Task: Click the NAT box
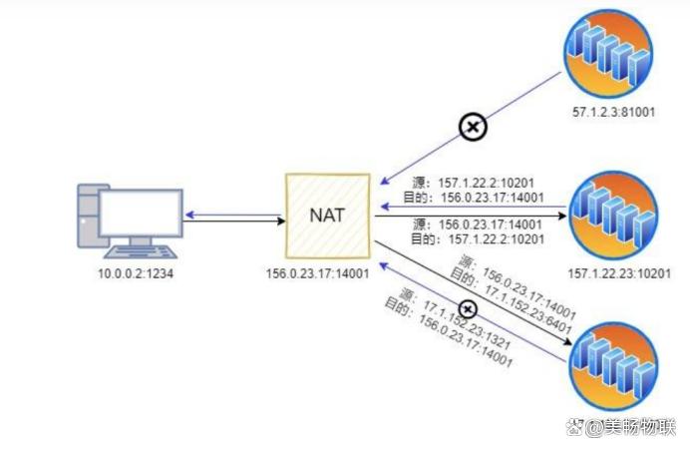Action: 327,216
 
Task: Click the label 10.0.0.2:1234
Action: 136,273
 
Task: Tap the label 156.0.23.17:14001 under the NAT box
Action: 317,273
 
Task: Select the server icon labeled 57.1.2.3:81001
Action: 608,53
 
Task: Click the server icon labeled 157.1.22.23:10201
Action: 613,216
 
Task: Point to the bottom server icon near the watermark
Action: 613,366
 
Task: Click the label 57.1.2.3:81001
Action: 614,112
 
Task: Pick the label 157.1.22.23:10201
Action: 619,273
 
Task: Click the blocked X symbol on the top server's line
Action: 473,128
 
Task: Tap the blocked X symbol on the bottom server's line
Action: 468,309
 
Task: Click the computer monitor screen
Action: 141,214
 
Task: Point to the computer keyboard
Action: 141,252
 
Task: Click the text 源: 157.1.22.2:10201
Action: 473,183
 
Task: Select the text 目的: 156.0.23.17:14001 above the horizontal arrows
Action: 474,198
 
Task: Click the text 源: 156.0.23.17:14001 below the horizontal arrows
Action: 478,225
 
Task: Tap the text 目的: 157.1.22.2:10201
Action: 478,239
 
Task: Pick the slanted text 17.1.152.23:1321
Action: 467,324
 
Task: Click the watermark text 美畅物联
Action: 640,426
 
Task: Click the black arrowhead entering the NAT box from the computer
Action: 280,221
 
